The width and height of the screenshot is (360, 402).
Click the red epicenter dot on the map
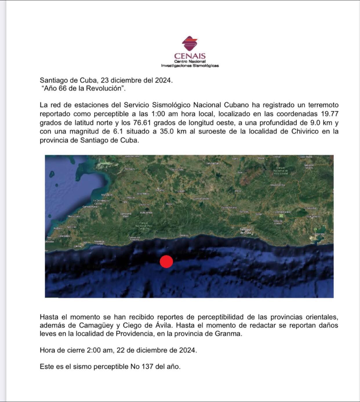click(x=166, y=261)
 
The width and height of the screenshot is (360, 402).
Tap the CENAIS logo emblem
click(x=190, y=44)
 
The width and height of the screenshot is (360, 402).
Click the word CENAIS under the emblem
click(x=190, y=56)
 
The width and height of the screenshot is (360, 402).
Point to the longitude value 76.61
click(x=142, y=123)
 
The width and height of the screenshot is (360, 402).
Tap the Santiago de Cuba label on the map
click(x=246, y=231)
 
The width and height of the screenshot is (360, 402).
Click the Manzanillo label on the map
click(x=107, y=195)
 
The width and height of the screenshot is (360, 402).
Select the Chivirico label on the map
click(x=184, y=236)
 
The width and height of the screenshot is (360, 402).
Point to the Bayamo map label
click(x=160, y=190)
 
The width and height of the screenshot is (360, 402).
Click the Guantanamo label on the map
click(x=313, y=216)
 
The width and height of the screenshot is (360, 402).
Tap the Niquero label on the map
click(x=58, y=228)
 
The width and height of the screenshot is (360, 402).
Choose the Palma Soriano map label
click(x=229, y=207)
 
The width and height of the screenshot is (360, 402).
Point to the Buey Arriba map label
click(x=146, y=213)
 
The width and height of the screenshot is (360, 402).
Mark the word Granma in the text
click(x=228, y=334)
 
